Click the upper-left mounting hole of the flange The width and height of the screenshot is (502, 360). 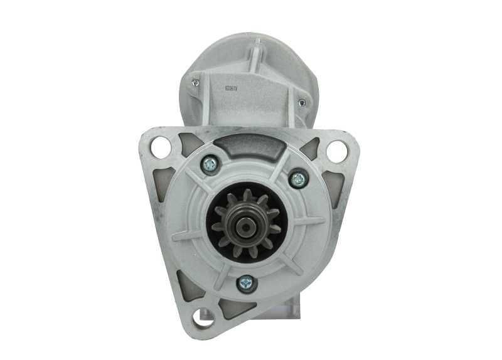pos(161,149)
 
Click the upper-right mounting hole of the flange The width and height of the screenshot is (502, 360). pos(337,151)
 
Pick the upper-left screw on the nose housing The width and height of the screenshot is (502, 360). pos(210,164)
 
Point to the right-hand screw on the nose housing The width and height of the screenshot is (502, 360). pos(299,179)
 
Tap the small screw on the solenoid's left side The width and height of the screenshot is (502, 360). pos(196,82)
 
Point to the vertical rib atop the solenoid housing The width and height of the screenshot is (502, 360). pos(256,56)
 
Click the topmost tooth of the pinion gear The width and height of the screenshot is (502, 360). pos(247,196)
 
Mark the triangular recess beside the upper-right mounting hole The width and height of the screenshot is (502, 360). pos(310,147)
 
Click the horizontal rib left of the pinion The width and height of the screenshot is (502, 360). pos(186,236)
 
